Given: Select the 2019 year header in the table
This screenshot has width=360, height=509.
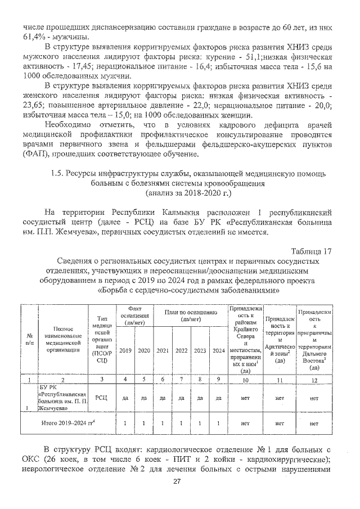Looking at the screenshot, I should [x=126, y=350].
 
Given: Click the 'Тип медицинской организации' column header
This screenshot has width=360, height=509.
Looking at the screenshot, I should [x=102, y=340].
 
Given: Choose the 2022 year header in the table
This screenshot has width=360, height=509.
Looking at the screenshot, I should [x=182, y=350].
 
